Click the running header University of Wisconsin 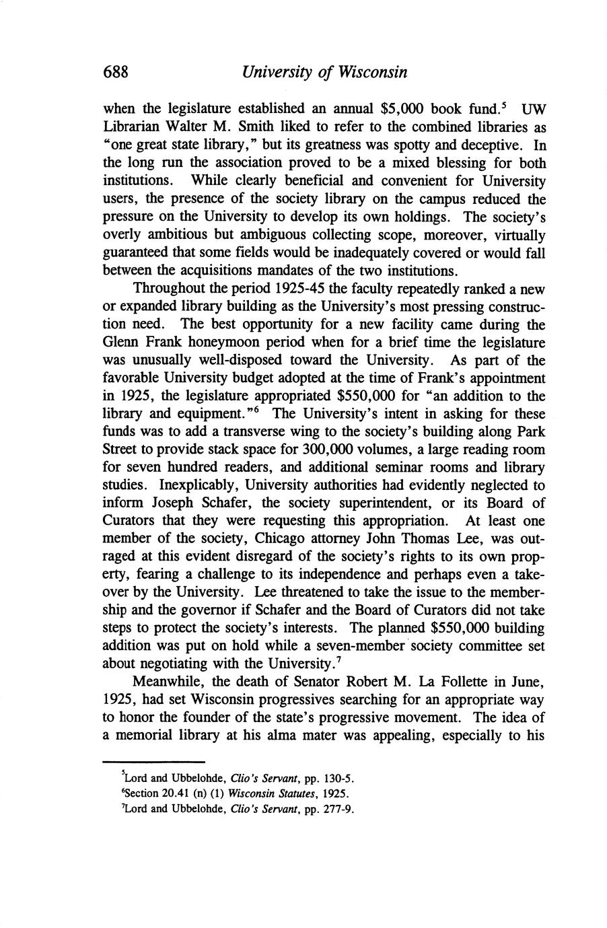[x=324, y=72]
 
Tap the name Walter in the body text [x=188, y=127]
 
